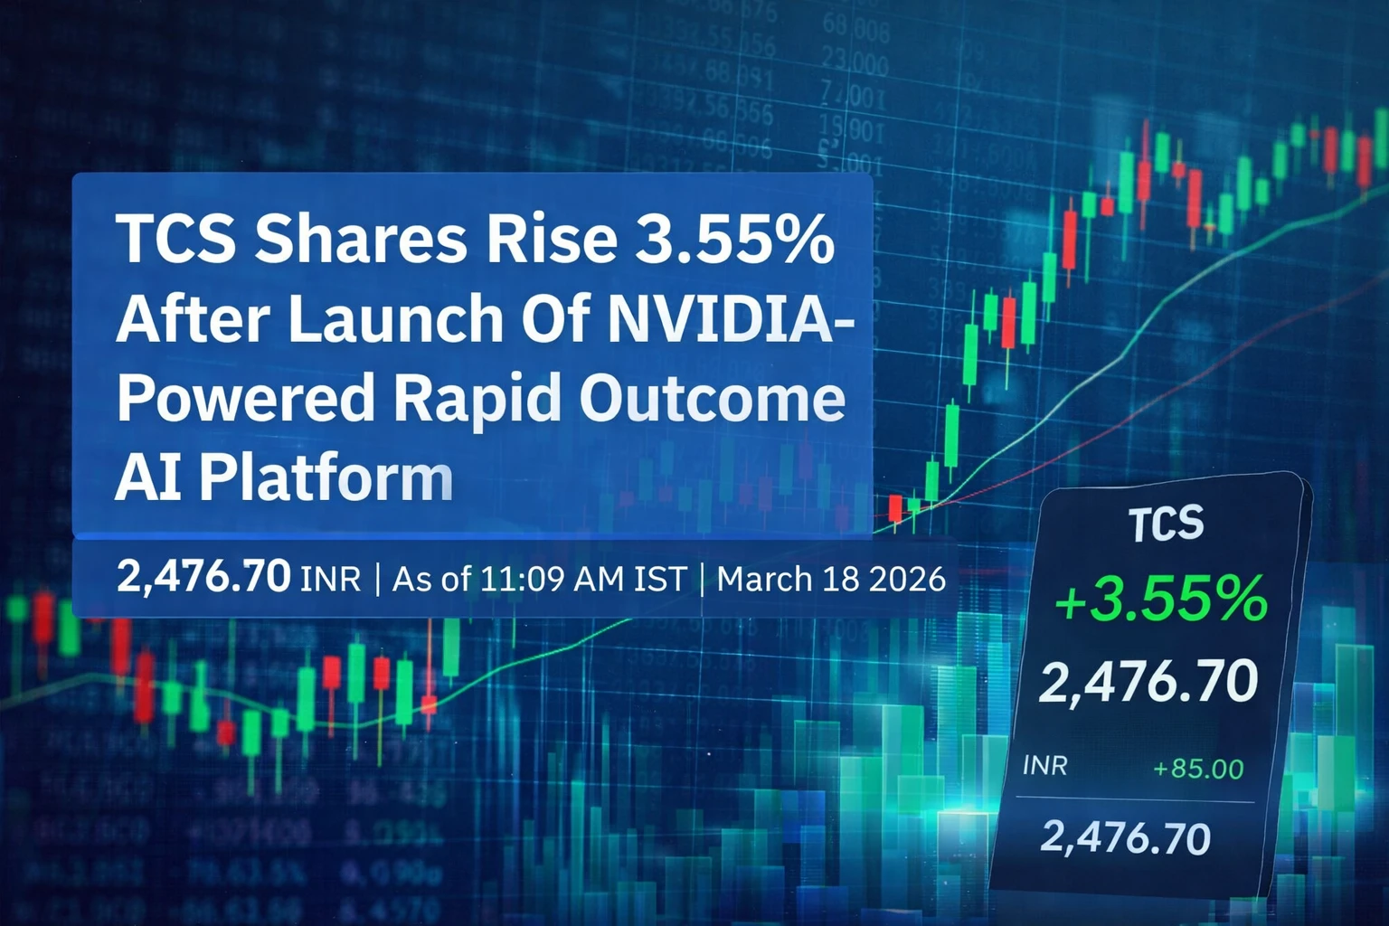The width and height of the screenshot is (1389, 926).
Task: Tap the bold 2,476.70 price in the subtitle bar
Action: tap(203, 576)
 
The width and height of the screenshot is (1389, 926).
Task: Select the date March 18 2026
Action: tap(831, 579)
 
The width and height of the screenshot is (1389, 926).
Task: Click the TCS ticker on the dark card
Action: tap(1166, 524)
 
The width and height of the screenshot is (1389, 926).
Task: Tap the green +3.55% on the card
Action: tap(1161, 600)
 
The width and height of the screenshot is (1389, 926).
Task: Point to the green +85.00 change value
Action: tap(1198, 770)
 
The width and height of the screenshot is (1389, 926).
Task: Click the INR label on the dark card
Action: tap(1044, 766)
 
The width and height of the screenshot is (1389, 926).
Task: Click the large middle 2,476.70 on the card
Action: tap(1148, 682)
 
